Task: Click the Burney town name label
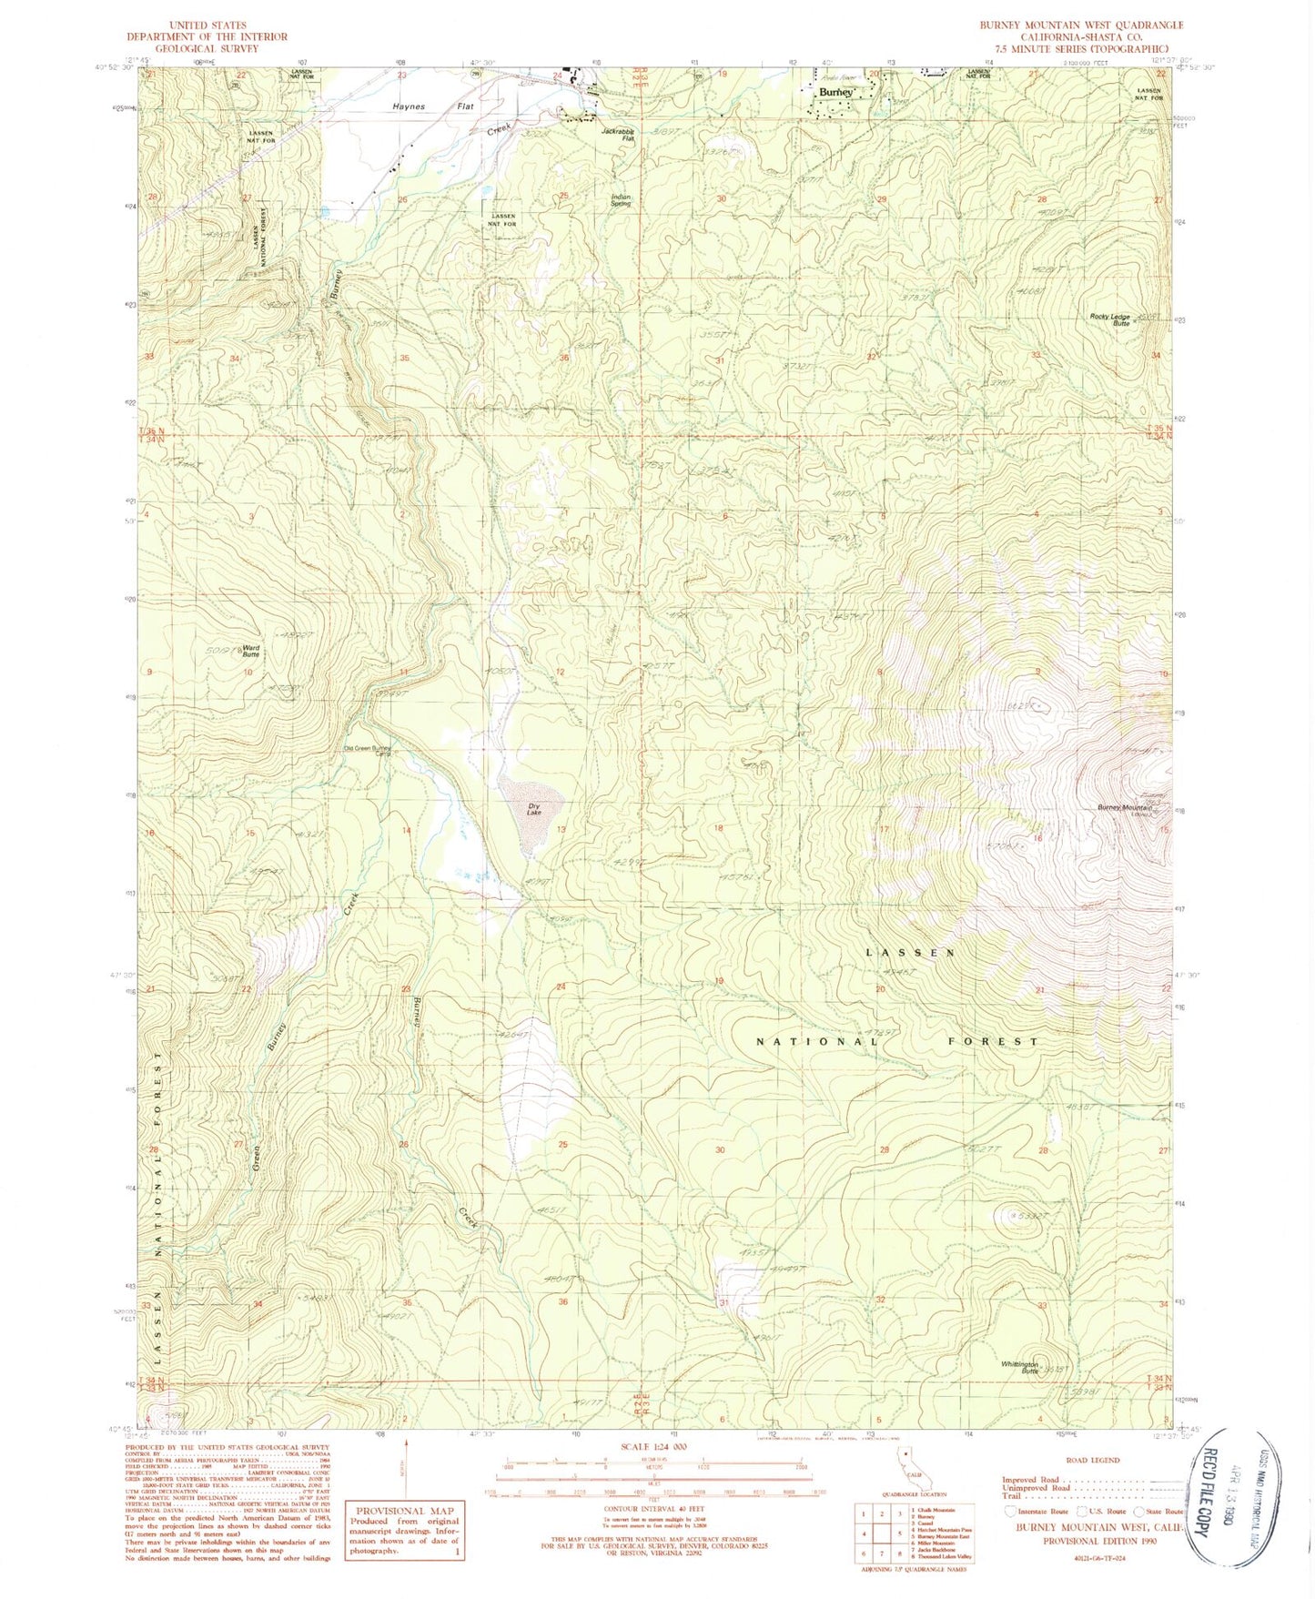point(835,93)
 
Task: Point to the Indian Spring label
point(622,200)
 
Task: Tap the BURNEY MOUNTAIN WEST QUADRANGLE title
point(1081,25)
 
